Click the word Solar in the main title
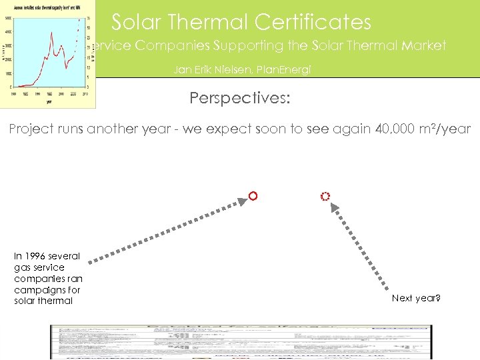point(135,22)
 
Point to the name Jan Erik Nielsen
point(205,69)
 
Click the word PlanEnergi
point(285,69)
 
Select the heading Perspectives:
point(240,98)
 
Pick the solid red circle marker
point(253,196)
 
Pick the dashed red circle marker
point(325,197)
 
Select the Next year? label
point(416,298)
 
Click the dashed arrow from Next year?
point(361,247)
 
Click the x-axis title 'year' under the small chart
point(47,103)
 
